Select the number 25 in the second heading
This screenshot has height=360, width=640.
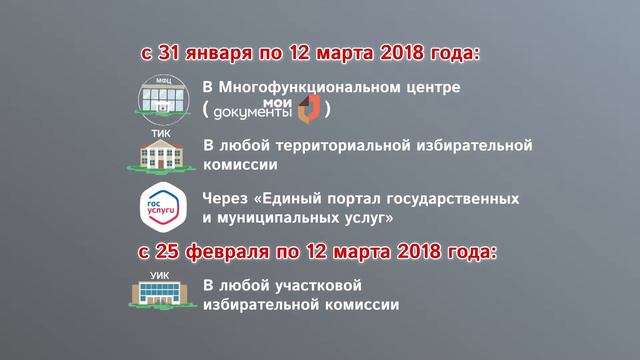click(x=171, y=248)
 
